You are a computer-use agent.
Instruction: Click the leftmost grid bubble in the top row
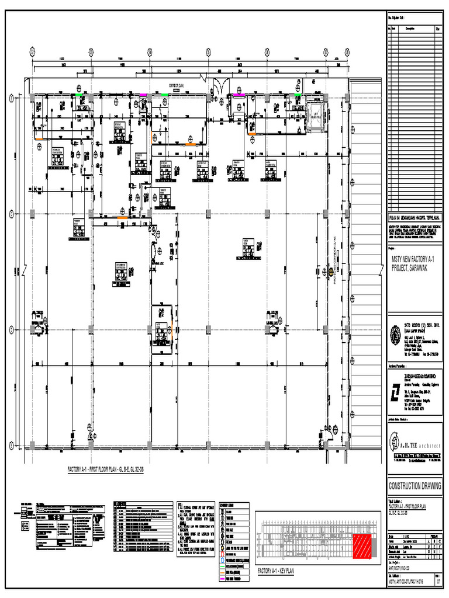33,51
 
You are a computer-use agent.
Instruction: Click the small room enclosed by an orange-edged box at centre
162,320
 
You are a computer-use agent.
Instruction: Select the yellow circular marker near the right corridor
330,272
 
